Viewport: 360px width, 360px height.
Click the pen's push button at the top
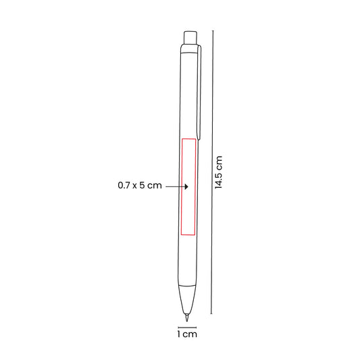(190, 37)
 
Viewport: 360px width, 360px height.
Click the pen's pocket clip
(199, 93)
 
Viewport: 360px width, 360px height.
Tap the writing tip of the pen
(187, 317)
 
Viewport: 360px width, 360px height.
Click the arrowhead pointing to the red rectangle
(186, 186)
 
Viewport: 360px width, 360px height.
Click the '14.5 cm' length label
(219, 172)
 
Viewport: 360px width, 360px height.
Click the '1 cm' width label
(187, 334)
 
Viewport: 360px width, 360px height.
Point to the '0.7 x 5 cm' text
(140, 185)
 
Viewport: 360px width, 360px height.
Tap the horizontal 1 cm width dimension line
(187, 328)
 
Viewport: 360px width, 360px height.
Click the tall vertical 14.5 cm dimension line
(212, 172)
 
